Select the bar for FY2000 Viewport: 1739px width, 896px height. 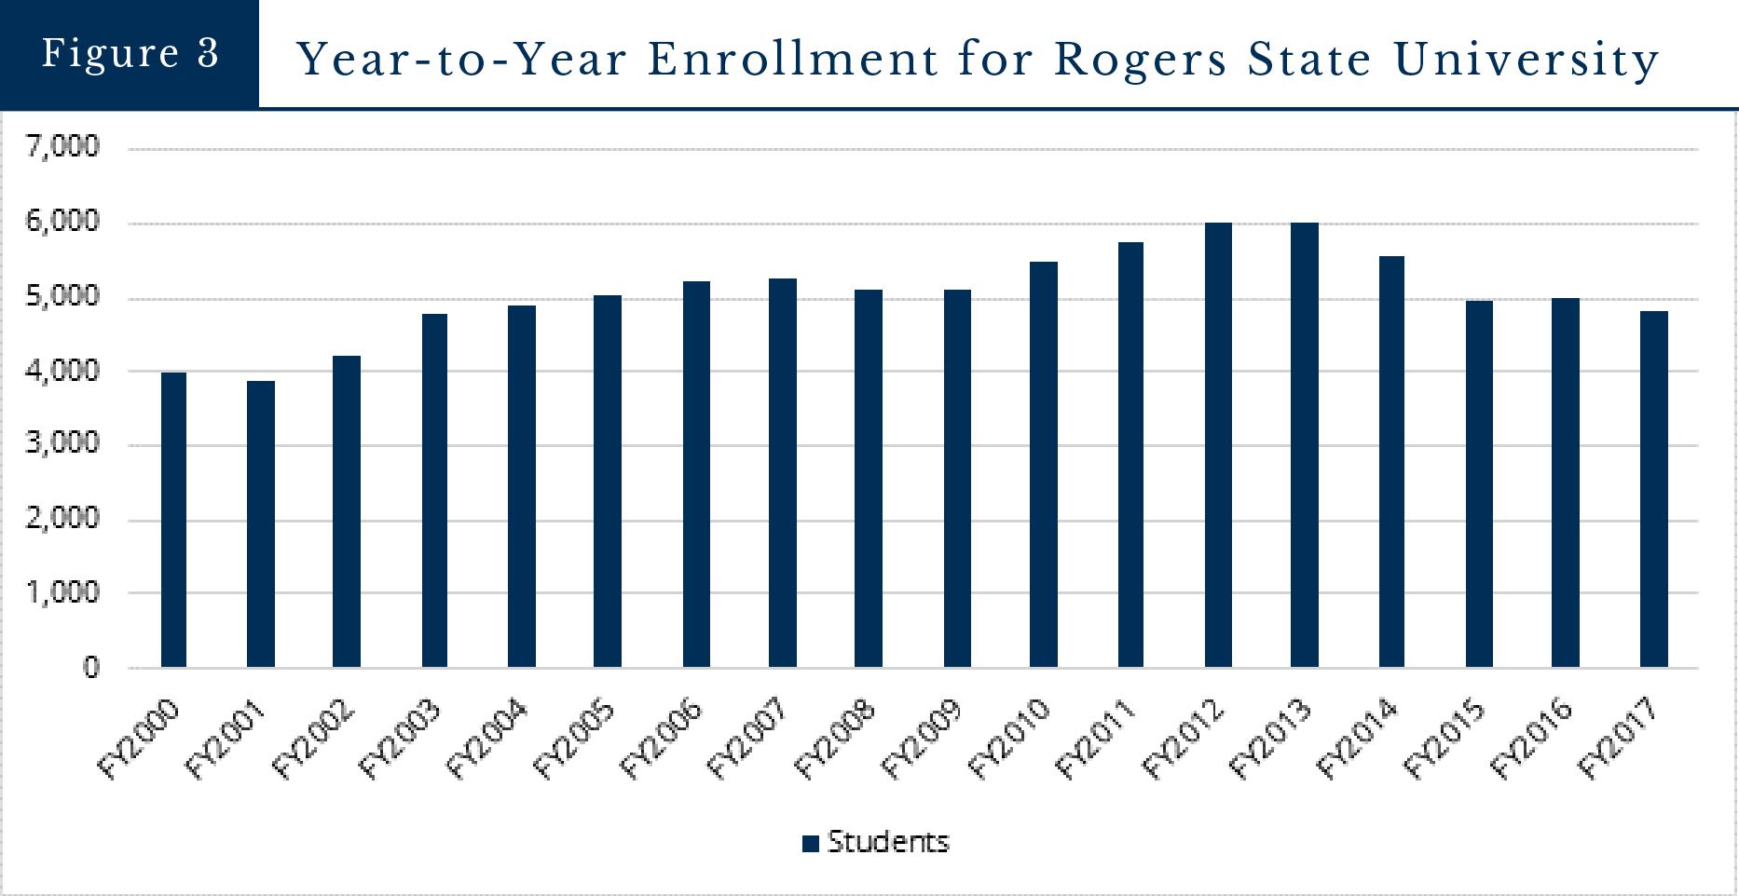pos(173,520)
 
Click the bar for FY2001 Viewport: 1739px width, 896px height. pos(261,523)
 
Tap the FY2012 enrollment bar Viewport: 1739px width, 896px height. pos(1218,445)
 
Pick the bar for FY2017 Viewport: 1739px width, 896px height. pos(1654,489)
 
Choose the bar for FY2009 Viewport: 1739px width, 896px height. pos(957,479)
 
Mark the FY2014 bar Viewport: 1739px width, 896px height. pos(1391,462)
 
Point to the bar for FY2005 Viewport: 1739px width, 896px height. pos(608,482)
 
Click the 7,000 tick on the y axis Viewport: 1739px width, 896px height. pos(63,146)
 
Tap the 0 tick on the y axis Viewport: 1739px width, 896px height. pos(90,667)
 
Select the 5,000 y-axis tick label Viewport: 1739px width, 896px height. pos(63,296)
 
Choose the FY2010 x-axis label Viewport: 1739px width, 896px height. pos(1010,740)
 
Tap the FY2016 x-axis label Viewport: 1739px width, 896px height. pos(1532,740)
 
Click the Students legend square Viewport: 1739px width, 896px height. pos(810,844)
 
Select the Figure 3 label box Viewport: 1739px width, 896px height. pos(130,53)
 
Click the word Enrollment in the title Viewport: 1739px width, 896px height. pos(793,60)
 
